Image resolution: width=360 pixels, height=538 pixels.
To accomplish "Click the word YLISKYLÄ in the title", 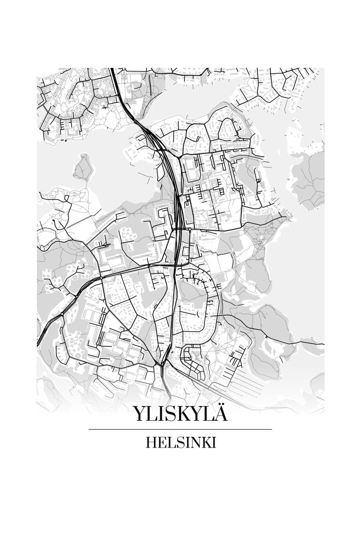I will pos(180,414).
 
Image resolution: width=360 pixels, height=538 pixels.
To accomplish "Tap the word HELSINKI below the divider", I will pos(180,443).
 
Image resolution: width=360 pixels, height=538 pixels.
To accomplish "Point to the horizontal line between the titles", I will pos(180,429).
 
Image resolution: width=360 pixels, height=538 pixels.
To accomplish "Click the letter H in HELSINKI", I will pos(151,443).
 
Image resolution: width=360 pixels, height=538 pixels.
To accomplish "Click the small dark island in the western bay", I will pos(83,167).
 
